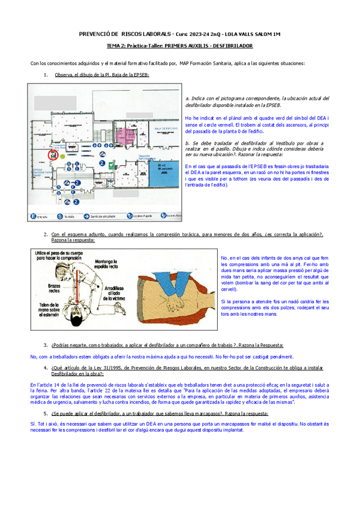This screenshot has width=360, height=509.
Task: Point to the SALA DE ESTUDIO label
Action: [x=164, y=128]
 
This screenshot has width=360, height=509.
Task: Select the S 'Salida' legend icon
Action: [x=60, y=215]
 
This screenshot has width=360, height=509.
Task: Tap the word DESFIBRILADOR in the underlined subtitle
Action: [x=230, y=46]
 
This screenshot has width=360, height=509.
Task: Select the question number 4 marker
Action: [x=46, y=367]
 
